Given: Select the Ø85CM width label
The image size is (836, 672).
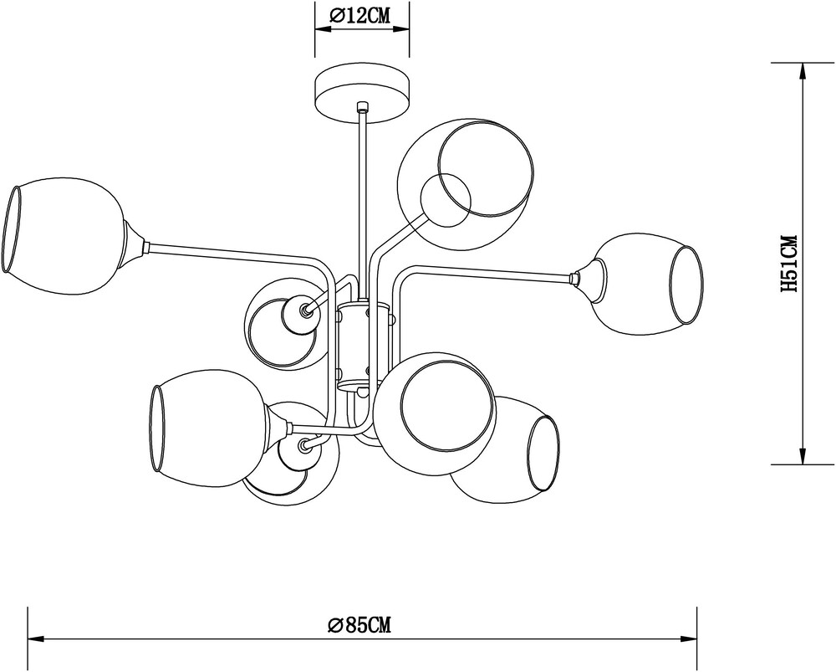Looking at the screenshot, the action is click(359, 624).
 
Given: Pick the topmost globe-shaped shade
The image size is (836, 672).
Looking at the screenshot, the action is click(465, 184).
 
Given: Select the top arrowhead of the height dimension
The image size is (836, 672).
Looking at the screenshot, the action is click(802, 73).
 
